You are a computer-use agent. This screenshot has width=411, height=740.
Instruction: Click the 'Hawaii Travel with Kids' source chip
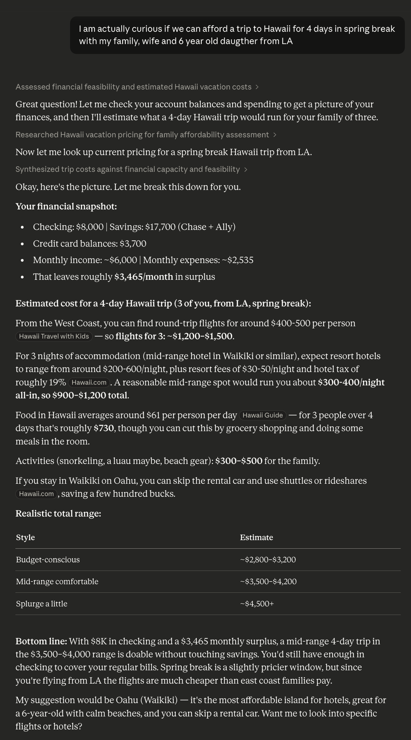tap(54, 336)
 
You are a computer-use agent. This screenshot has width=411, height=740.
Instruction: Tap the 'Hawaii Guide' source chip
tap(263, 415)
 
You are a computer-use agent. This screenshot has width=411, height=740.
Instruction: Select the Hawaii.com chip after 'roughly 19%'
tap(89, 382)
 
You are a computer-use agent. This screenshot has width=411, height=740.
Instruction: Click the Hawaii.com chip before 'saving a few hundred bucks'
tap(36, 494)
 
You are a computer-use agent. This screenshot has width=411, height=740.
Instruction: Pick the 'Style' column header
tap(25, 537)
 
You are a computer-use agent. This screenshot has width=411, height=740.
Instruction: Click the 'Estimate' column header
tap(256, 537)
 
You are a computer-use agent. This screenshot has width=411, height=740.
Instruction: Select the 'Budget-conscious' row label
tap(48, 560)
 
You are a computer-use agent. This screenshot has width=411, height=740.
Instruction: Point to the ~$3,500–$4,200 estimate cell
tap(268, 582)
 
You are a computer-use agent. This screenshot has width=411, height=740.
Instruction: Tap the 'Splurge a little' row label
tap(41, 603)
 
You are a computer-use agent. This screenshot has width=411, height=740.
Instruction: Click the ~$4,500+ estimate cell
tap(257, 603)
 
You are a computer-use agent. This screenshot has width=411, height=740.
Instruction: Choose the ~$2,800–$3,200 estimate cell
tap(268, 560)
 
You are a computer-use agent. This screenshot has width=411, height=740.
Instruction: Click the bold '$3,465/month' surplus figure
tap(144, 277)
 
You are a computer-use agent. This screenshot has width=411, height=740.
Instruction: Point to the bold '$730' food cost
tap(103, 428)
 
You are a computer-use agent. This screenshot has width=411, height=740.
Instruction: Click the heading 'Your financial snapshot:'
tap(66, 206)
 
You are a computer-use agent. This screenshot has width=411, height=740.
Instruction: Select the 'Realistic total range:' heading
tap(58, 513)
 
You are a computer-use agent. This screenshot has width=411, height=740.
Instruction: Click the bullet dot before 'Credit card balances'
tap(22, 244)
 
